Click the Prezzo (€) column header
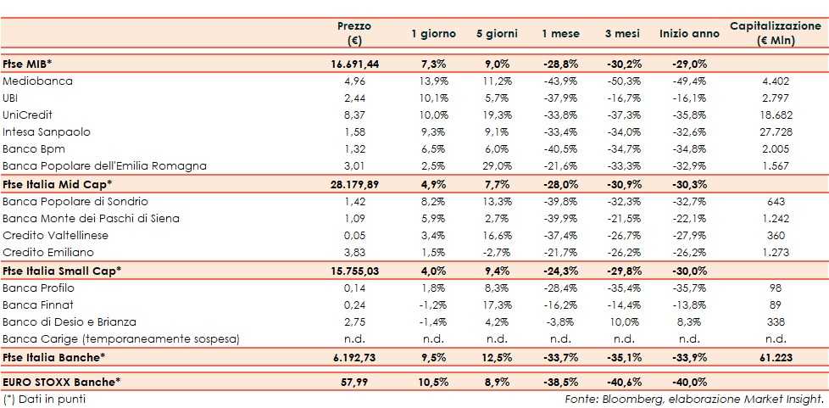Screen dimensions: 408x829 pyautogui.click(x=353, y=33)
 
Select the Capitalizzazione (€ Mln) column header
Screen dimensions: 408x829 pyautogui.click(x=775, y=33)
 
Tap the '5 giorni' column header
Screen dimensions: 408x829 pyautogui.click(x=497, y=34)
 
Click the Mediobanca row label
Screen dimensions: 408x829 pyautogui.click(x=38, y=81)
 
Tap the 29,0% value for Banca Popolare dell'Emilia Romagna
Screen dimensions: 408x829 pyautogui.click(x=497, y=166)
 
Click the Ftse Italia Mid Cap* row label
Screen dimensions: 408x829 pyautogui.click(x=58, y=184)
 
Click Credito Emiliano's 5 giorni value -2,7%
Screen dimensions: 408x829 pyautogui.click(x=497, y=253)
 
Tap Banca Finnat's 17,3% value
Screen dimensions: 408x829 pyautogui.click(x=497, y=305)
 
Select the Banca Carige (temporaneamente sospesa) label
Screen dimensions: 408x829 pyautogui.click(x=121, y=339)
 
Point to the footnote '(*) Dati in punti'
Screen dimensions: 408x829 pyautogui.click(x=45, y=399)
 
